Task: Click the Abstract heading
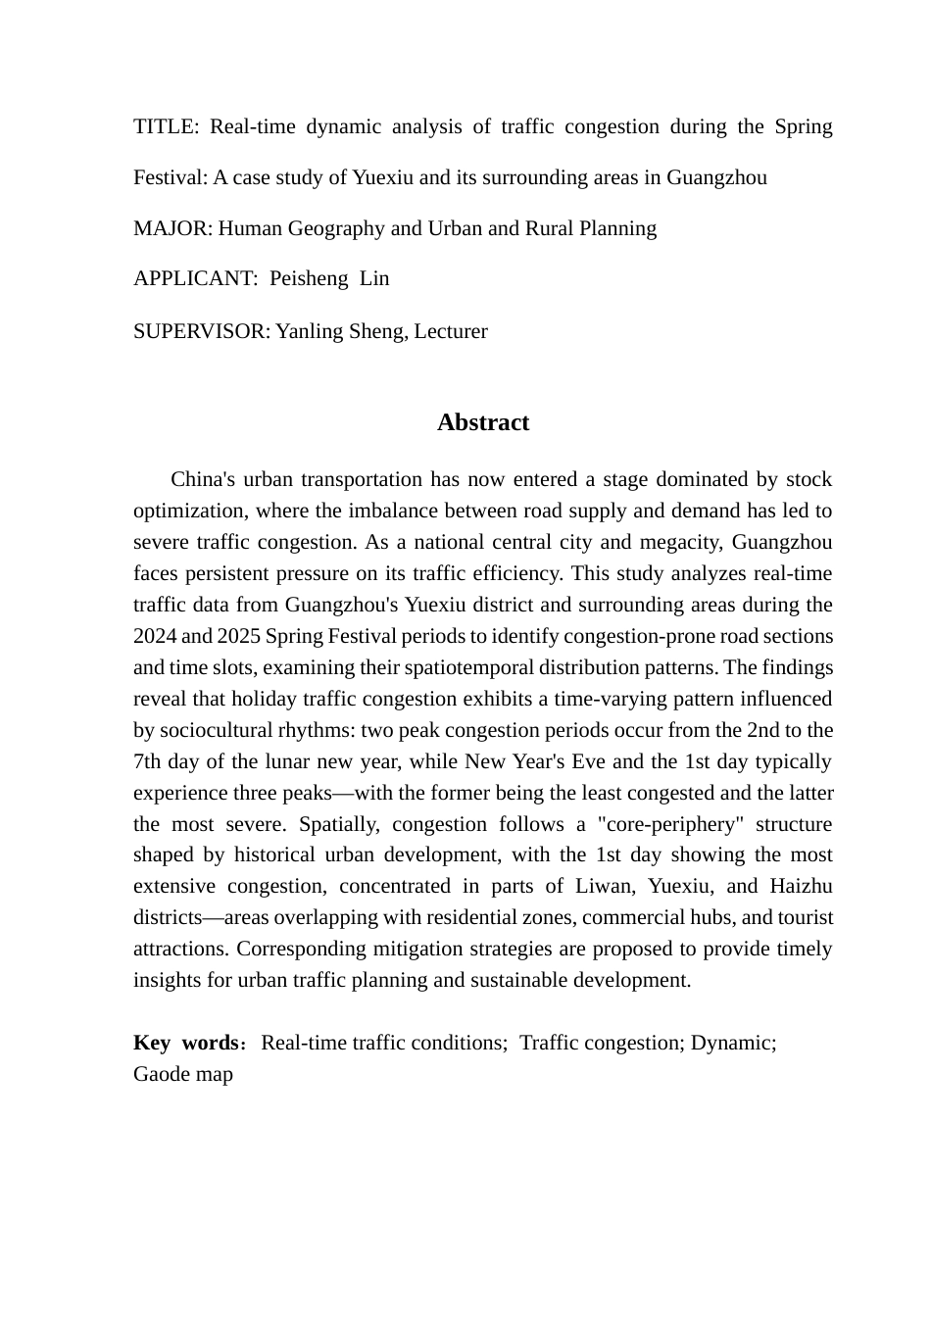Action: tap(482, 422)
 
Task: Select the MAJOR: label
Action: tap(172, 228)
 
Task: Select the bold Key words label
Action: tap(186, 1043)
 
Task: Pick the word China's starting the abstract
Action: tap(203, 479)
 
